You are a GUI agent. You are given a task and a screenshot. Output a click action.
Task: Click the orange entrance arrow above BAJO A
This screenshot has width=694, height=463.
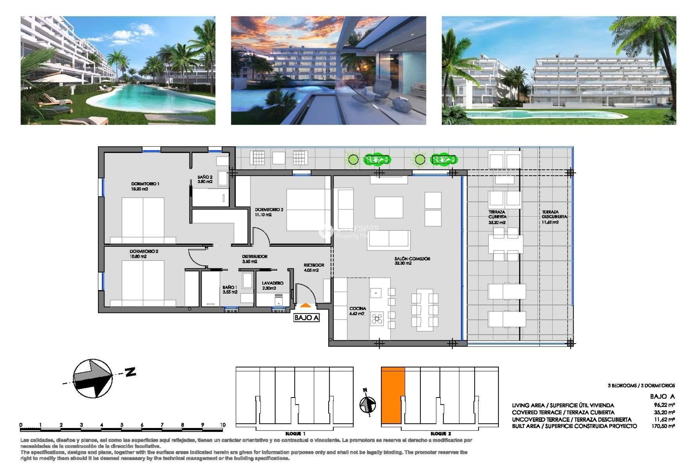pyautogui.click(x=305, y=305)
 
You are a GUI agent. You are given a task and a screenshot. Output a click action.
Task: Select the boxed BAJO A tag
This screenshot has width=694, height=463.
pyautogui.click(x=307, y=318)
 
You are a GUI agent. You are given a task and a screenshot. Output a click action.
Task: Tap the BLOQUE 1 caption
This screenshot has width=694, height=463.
pyautogui.click(x=295, y=434)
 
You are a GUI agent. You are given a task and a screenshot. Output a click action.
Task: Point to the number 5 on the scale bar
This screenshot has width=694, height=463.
pyautogui.click(x=122, y=425)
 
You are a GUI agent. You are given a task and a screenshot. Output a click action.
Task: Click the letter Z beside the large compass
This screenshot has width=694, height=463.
pyautogui.click(x=130, y=371)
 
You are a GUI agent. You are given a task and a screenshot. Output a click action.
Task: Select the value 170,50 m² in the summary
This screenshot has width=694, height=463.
pyautogui.click(x=663, y=426)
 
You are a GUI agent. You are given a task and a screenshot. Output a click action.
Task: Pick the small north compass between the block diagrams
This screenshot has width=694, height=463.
pyautogui.click(x=368, y=404)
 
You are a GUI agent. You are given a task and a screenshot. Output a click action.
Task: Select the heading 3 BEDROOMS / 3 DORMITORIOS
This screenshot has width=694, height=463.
pyautogui.click(x=641, y=386)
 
